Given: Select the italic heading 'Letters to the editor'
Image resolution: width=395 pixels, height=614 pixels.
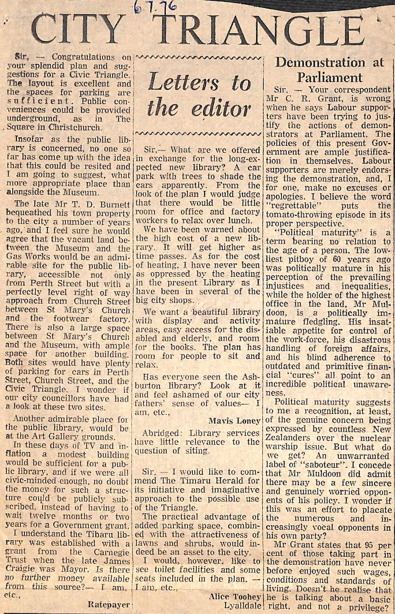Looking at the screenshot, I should click(x=199, y=95).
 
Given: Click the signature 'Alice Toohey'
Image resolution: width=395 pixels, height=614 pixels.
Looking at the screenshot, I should click(x=235, y=597).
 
